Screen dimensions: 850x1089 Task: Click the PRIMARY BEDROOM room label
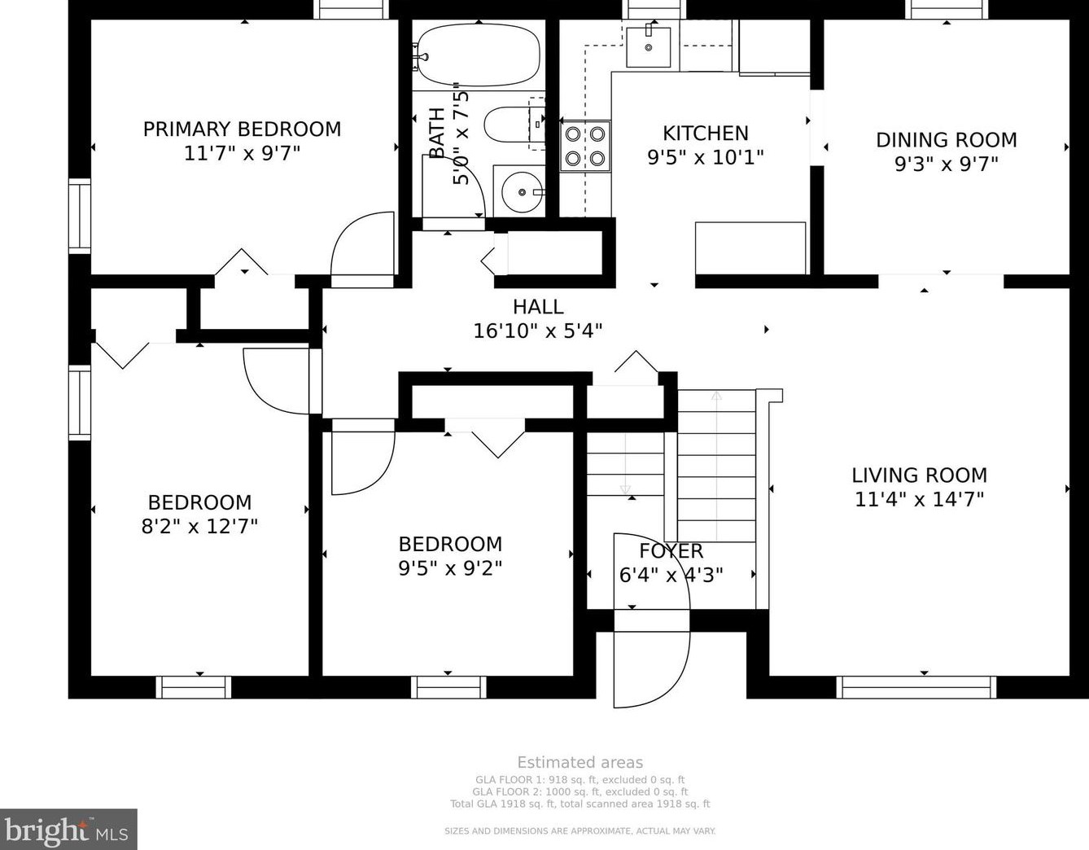tap(242, 129)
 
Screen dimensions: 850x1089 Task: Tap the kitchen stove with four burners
tap(585, 146)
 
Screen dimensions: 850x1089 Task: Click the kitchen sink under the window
tap(649, 46)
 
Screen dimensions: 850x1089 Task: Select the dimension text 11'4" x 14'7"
tap(919, 498)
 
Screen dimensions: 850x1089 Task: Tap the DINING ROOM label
tap(946, 140)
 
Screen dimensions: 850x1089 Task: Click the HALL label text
tap(538, 307)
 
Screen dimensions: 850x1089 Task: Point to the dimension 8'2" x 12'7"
tap(199, 526)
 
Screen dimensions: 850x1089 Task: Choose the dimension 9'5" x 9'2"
tap(450, 567)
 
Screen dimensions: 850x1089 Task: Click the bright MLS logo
tap(68, 830)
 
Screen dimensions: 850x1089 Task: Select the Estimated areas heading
tap(580, 763)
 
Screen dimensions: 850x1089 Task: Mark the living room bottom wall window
tap(916, 687)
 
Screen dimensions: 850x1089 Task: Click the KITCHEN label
tap(705, 133)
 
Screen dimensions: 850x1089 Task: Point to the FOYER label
tap(671, 551)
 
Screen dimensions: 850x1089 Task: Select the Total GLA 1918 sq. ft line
tap(580, 804)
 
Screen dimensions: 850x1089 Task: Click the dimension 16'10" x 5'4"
tap(538, 331)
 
